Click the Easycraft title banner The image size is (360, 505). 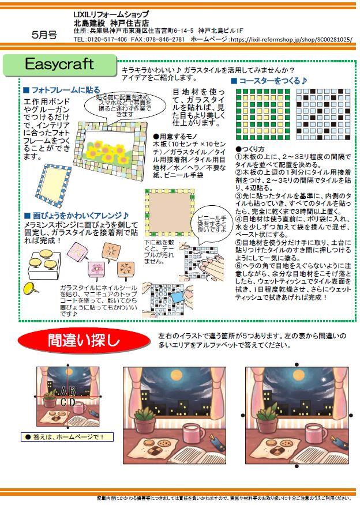(59, 65)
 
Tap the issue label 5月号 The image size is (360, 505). (44, 35)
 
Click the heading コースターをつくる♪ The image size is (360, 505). (269, 81)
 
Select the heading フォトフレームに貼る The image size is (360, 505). (62, 90)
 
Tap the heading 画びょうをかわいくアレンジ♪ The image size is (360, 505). (77, 216)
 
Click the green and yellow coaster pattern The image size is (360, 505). (263, 114)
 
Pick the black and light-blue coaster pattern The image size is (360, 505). (323, 114)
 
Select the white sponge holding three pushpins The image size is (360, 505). (43, 264)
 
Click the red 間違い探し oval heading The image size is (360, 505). (84, 341)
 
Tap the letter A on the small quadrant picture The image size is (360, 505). (63, 391)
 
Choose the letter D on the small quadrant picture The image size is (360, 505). (72, 402)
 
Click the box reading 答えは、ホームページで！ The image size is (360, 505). (67, 437)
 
